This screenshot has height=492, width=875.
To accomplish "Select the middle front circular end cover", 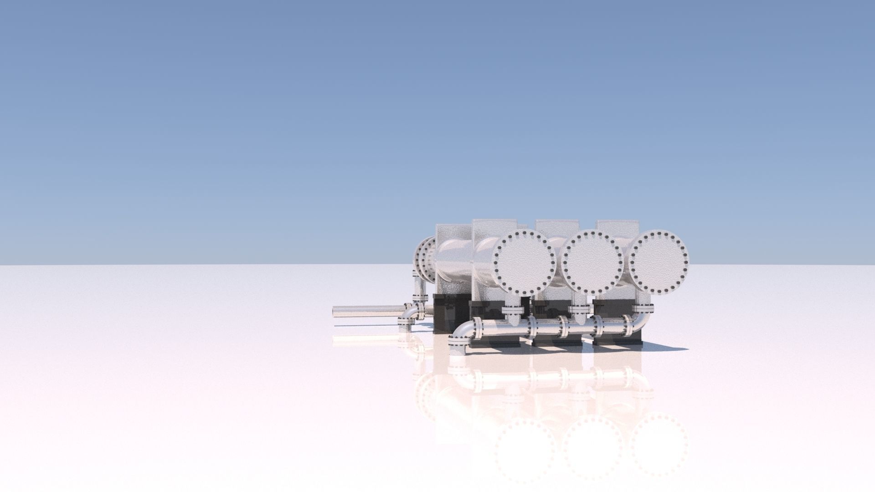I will [x=592, y=261].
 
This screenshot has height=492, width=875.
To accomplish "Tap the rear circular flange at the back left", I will [x=426, y=260].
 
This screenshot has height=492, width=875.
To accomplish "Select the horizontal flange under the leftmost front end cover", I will [x=513, y=311].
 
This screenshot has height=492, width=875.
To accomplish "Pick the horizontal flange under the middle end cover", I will [x=579, y=310].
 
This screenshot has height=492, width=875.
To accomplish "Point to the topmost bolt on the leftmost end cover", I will [x=524, y=233].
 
